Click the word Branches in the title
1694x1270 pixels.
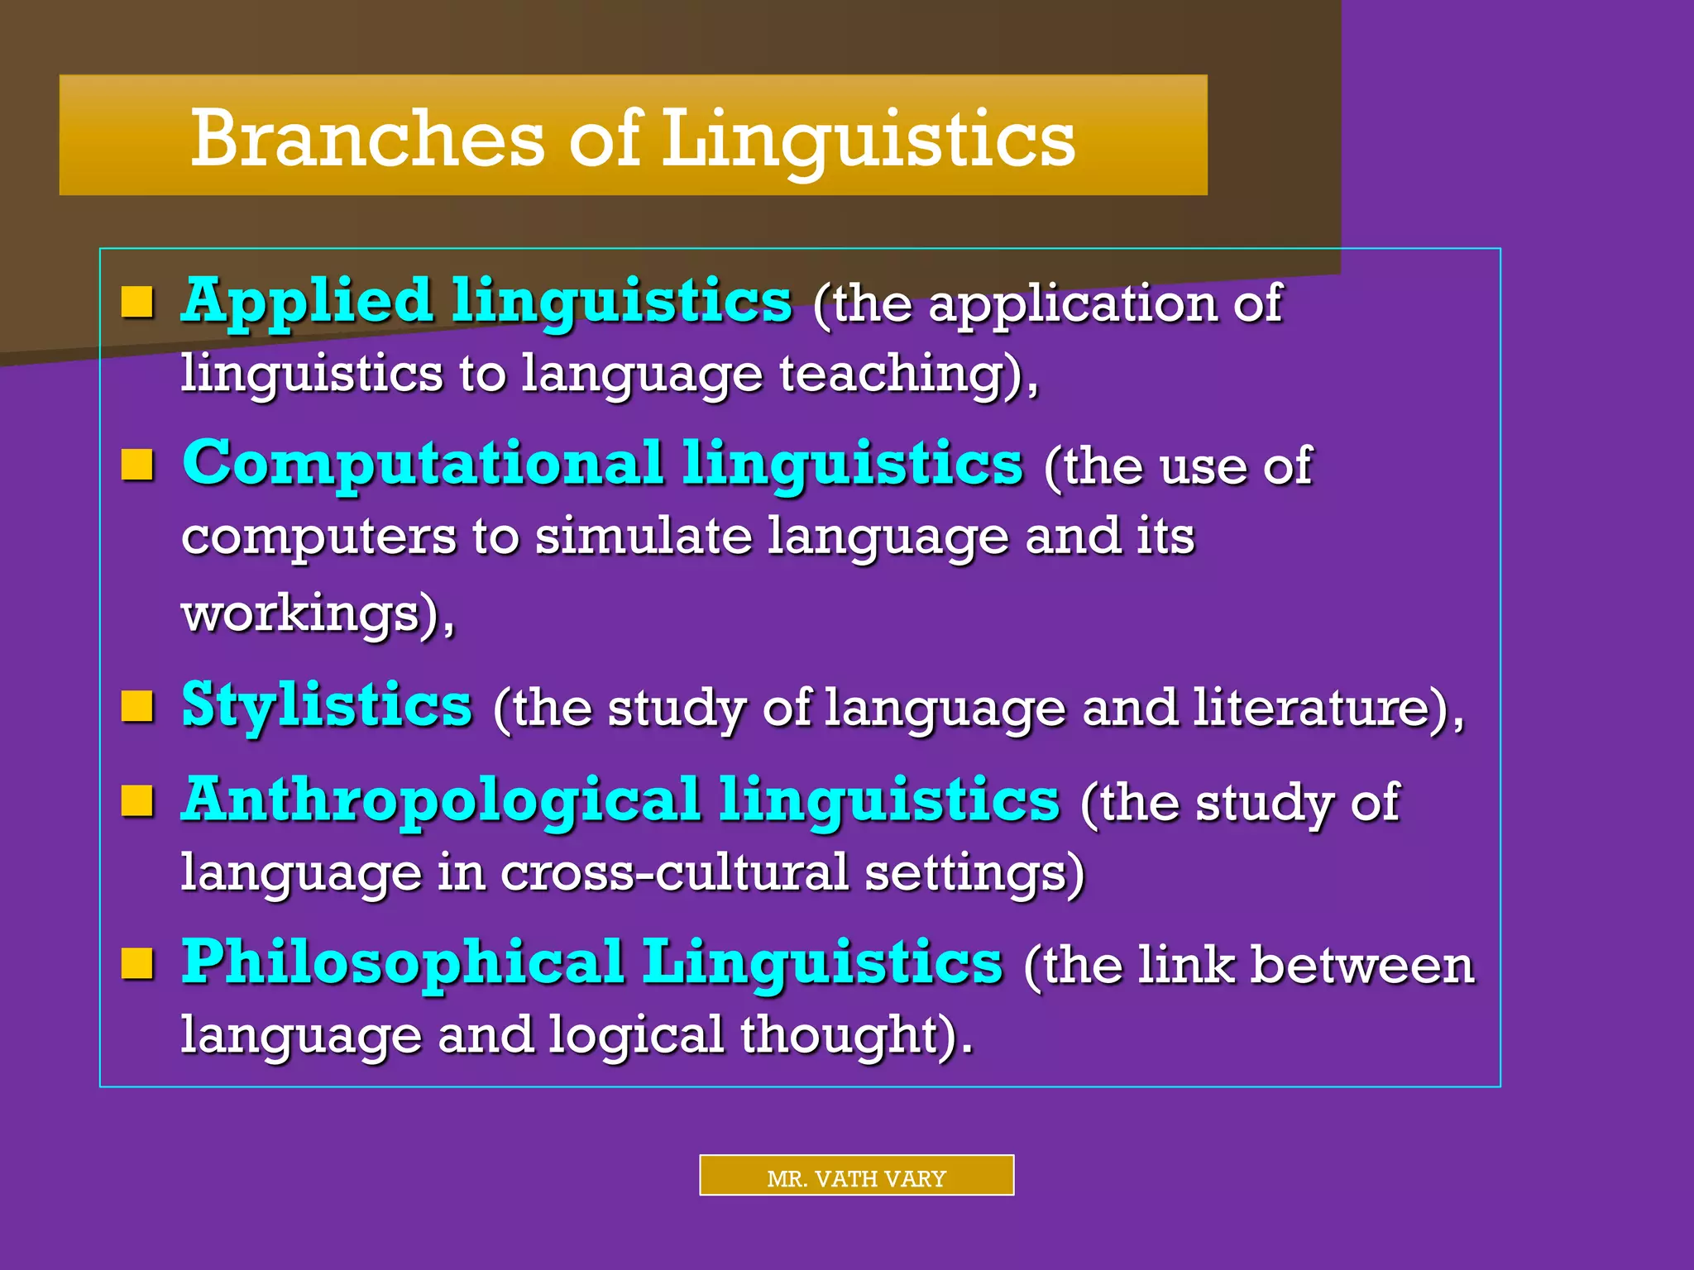(367, 138)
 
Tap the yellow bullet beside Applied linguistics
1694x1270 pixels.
(137, 303)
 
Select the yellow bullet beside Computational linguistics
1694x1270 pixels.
(137, 465)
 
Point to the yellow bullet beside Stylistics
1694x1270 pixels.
(137, 707)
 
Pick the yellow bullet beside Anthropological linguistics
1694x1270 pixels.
(137, 800)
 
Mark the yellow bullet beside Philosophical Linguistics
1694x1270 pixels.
(137, 963)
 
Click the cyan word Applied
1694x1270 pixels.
(307, 301)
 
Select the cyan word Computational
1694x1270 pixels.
(423, 463)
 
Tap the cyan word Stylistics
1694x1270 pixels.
(327, 706)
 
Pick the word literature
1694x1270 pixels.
(1310, 708)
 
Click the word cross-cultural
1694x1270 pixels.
(674, 873)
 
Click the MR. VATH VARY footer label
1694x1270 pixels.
(856, 1177)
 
